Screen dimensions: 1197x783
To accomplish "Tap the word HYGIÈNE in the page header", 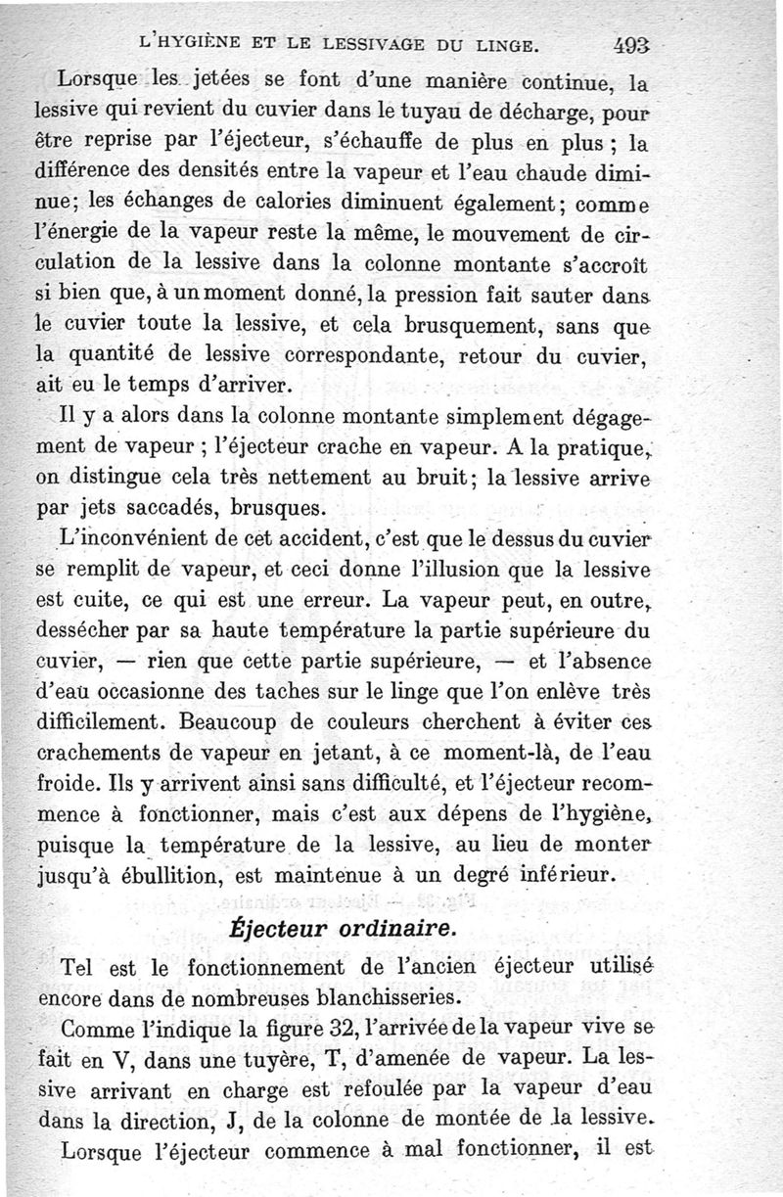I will coord(207,45).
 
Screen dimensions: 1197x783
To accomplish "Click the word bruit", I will coord(459,480).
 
